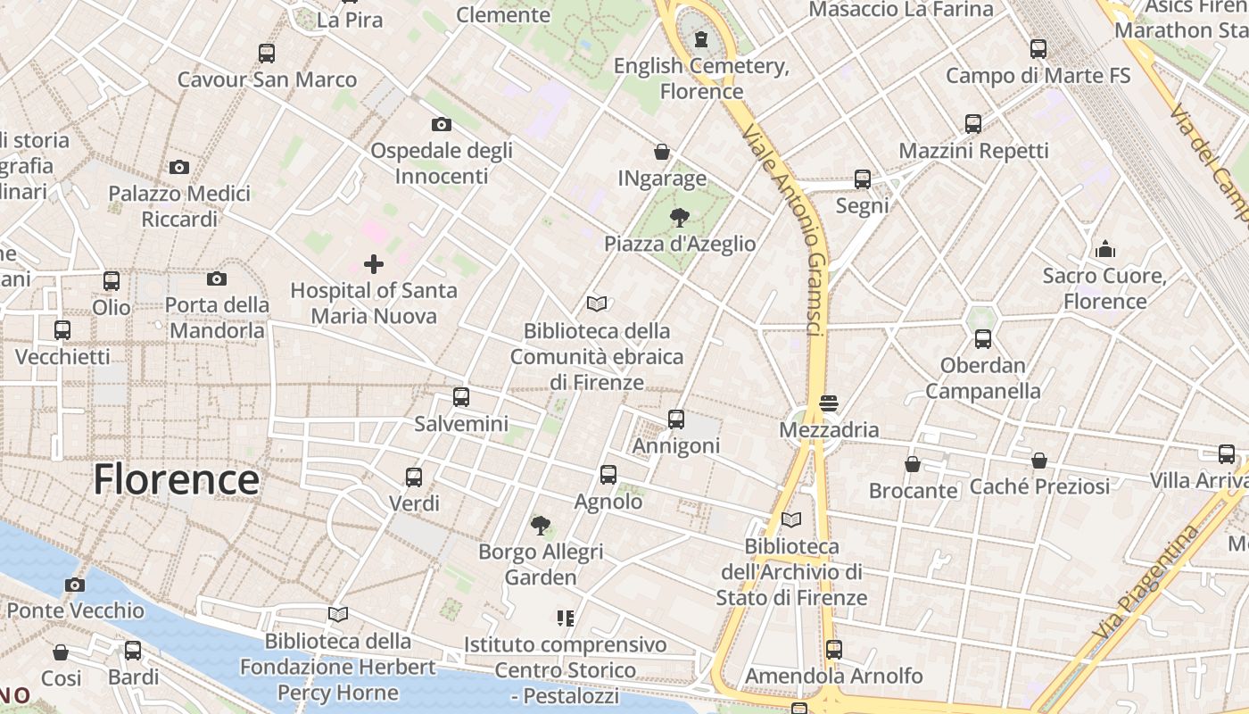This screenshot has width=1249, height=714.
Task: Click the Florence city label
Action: pos(177,479)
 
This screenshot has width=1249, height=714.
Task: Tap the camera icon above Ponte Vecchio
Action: pos(75,585)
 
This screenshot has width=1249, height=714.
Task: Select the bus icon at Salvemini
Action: pos(461,397)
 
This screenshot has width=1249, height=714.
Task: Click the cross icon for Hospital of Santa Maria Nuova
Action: pos(374,263)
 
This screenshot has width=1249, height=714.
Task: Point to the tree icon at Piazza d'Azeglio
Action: pos(680,217)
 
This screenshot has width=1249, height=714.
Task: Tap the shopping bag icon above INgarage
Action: pos(662,152)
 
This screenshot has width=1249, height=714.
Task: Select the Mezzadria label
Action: pos(829,429)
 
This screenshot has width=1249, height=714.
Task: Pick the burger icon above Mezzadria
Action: pos(829,403)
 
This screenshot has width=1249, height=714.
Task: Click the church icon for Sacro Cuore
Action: pos(1105,249)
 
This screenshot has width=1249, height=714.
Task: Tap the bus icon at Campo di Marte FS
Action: pos(1038,49)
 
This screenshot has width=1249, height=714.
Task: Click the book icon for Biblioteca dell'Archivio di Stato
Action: pos(791,519)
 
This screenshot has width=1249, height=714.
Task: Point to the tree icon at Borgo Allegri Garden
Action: pos(540,525)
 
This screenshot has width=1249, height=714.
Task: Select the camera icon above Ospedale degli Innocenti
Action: pos(441,124)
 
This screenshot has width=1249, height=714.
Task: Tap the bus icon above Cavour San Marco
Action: pos(267,53)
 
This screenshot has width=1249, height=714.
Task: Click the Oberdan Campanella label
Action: pos(983,378)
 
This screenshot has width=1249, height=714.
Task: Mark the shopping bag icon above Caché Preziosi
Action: pos(1039,461)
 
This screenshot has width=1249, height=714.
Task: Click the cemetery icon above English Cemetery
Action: pos(701,39)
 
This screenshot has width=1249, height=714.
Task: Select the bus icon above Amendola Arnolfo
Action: pos(834,650)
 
